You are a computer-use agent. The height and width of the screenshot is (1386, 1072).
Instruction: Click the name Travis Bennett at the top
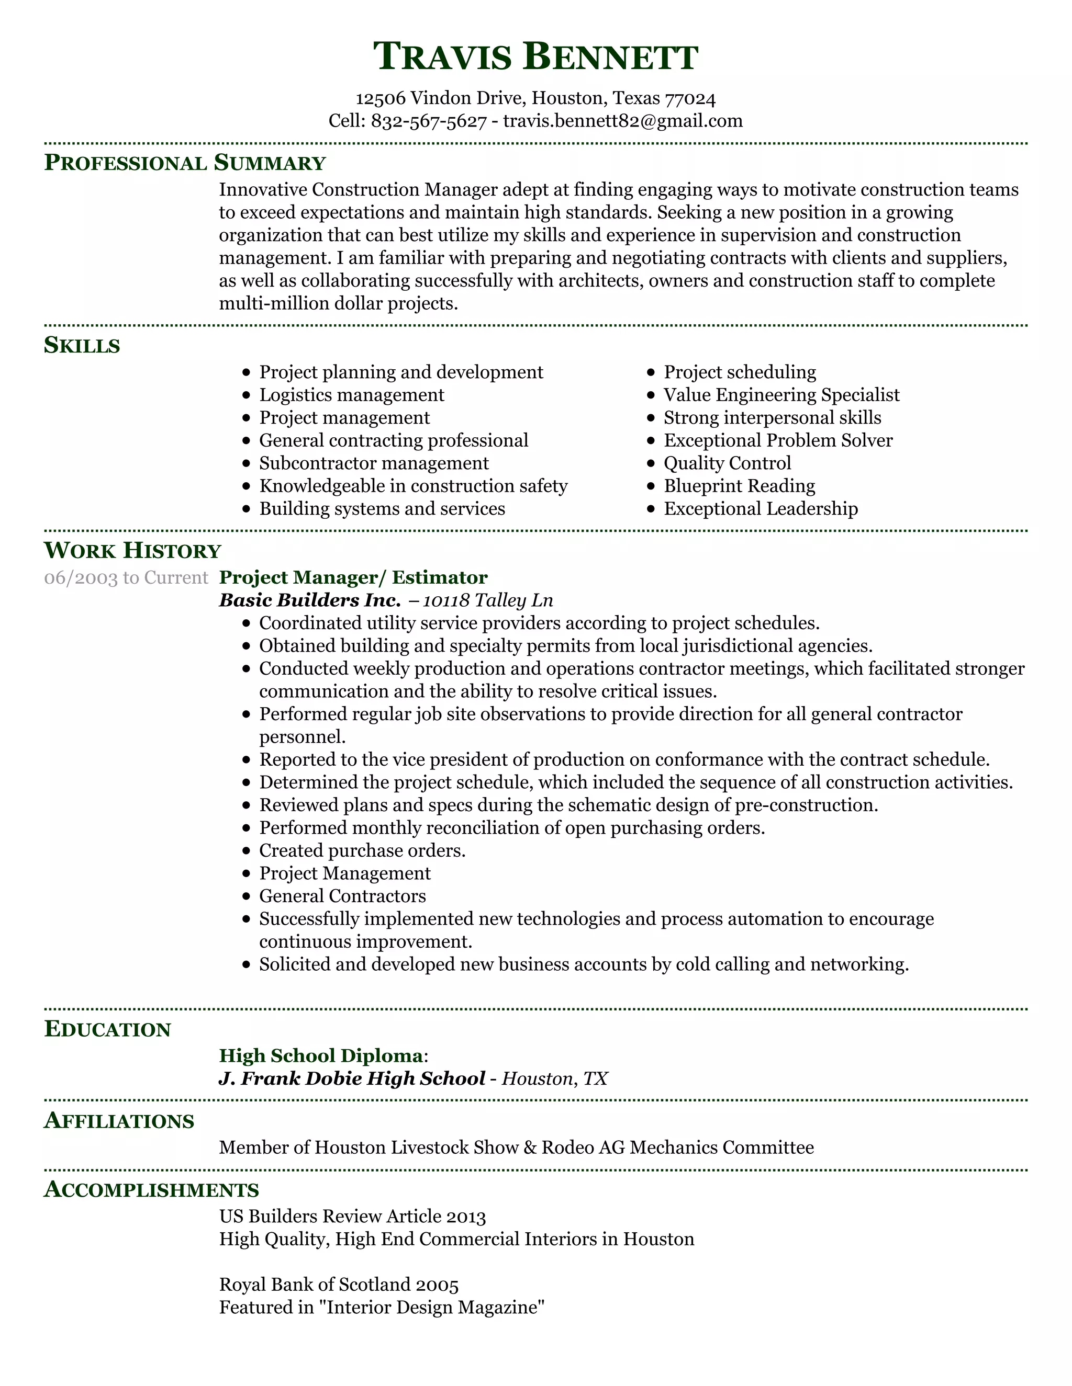(535, 56)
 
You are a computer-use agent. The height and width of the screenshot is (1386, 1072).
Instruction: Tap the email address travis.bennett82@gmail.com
(622, 121)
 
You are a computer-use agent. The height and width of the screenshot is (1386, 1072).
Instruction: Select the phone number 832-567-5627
(429, 121)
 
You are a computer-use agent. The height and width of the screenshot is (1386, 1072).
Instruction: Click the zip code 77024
(690, 98)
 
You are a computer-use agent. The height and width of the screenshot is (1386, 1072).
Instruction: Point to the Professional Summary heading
(184, 163)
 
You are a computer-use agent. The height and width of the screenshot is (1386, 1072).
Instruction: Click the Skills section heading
(82, 345)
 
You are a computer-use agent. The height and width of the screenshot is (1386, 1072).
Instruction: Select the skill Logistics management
(351, 395)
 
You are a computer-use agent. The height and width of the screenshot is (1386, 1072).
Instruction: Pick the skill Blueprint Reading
(739, 486)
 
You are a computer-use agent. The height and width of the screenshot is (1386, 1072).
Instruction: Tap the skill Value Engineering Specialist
(781, 395)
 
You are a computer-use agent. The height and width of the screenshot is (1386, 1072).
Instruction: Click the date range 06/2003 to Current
(126, 577)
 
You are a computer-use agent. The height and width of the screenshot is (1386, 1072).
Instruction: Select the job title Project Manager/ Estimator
(353, 577)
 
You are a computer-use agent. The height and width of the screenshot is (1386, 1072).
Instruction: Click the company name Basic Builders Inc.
(309, 600)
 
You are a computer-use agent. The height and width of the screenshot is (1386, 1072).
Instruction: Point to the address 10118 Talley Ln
(488, 600)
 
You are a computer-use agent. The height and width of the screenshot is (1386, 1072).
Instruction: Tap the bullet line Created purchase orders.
(362, 850)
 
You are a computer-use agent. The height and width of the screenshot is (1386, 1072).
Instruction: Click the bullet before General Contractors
(247, 896)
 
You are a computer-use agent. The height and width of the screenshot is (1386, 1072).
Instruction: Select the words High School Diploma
(321, 1055)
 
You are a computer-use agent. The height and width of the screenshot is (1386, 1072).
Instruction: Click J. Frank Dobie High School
(352, 1078)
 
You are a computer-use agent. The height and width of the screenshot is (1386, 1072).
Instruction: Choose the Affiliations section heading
(119, 1121)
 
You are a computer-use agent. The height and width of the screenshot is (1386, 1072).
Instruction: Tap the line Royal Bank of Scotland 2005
(339, 1285)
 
